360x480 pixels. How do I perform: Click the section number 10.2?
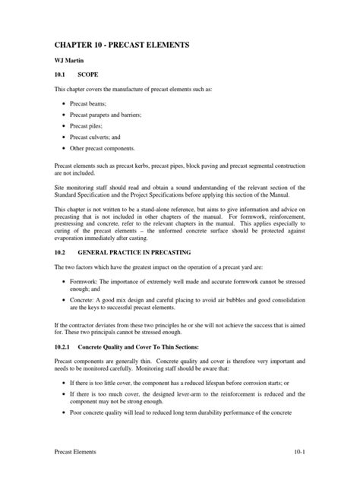pyautogui.click(x=60, y=251)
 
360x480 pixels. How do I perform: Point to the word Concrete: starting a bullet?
pyautogui.click(x=85, y=300)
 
